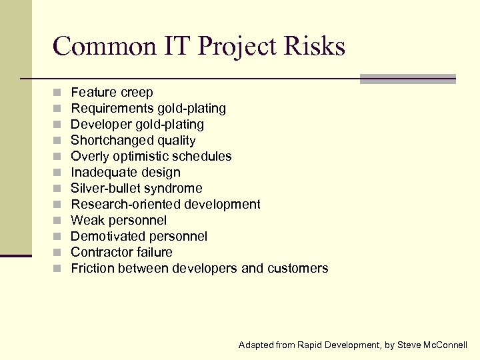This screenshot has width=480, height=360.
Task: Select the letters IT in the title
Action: click(x=177, y=47)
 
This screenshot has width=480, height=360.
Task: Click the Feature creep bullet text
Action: click(x=112, y=93)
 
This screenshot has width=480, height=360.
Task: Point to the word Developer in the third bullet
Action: click(x=100, y=125)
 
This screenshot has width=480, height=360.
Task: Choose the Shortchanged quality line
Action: click(x=133, y=141)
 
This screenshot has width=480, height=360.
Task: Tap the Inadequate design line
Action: click(x=125, y=173)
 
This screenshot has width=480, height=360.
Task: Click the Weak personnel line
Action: click(x=119, y=221)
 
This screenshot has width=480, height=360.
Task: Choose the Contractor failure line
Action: click(x=121, y=253)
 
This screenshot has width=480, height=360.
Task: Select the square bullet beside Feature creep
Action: click(x=59, y=93)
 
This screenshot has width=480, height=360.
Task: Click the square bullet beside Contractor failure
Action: click(x=59, y=253)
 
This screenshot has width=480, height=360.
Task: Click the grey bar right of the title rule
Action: click(x=407, y=79)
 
